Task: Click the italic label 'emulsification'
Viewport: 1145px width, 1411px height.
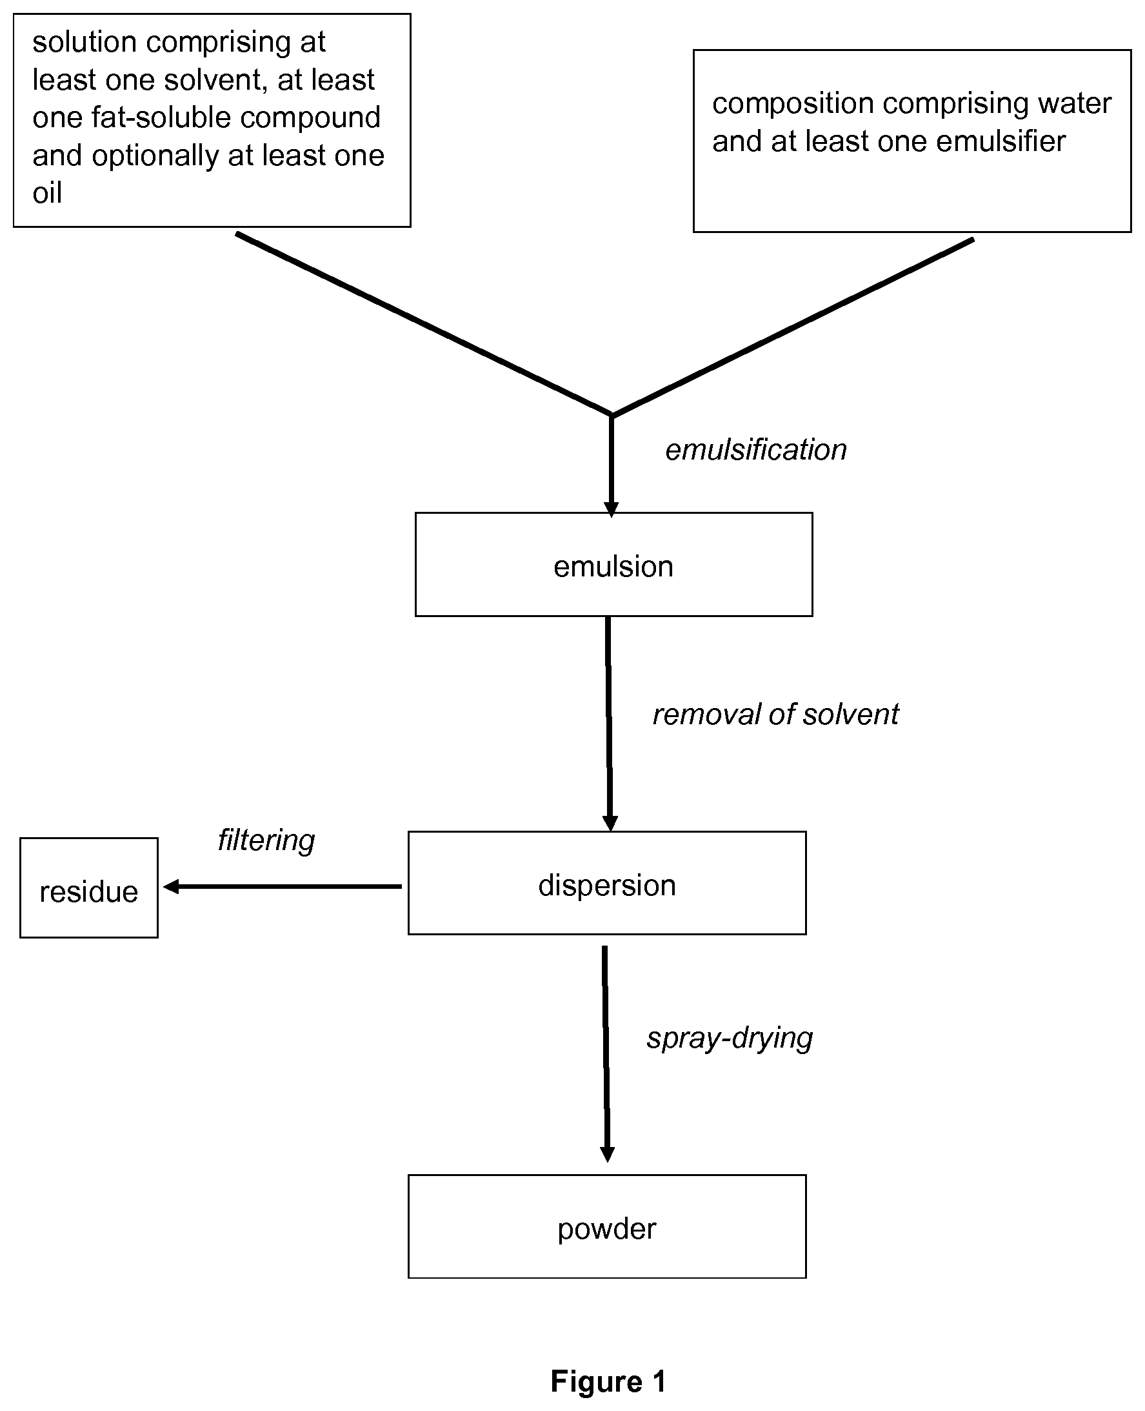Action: pos(756,450)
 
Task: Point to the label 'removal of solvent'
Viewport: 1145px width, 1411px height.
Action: pos(775,714)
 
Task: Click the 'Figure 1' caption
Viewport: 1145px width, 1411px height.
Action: pos(608,1381)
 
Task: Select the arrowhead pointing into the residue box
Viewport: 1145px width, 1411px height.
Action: pos(170,886)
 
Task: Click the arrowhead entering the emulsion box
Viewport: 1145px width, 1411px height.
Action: pos(612,509)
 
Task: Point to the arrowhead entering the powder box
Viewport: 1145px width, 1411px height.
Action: pos(608,1155)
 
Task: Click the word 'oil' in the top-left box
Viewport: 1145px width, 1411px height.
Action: pos(48,193)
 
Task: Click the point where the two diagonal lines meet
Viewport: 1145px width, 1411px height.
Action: pos(612,415)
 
